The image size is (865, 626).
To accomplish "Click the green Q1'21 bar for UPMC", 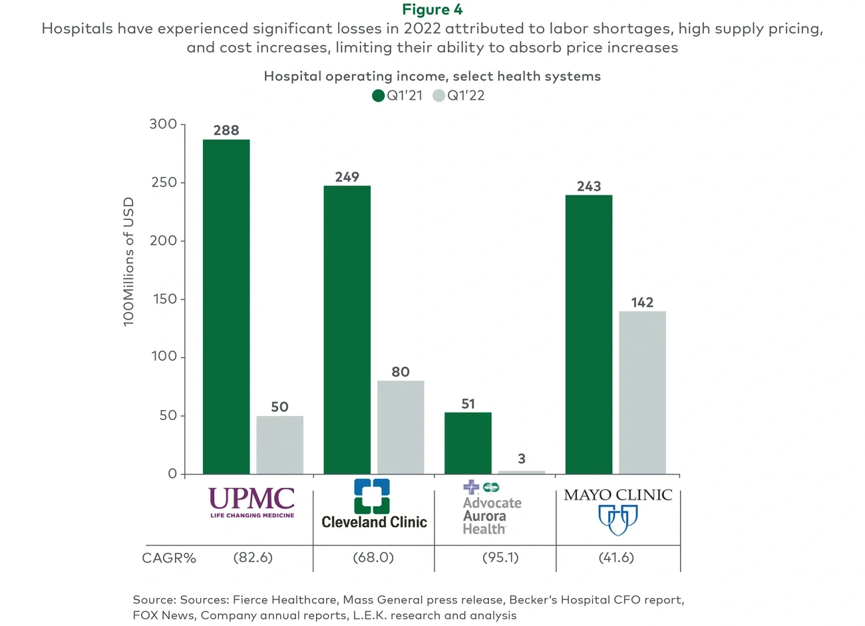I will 226,306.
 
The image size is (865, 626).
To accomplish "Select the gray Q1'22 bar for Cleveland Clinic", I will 401,427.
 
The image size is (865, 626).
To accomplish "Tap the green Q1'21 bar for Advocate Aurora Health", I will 468,443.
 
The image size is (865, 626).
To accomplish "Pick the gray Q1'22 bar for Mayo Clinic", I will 642,392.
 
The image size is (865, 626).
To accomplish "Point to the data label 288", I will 226,130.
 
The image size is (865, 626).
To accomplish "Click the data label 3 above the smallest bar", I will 522,459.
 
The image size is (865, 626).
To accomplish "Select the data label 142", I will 642,302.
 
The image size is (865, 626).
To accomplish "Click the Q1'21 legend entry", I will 397,96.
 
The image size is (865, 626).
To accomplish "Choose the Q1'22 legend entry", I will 458,96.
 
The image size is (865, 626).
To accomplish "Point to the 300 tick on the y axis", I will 164,124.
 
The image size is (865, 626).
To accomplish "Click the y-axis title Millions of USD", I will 128,261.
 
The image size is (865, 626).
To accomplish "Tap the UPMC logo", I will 252,502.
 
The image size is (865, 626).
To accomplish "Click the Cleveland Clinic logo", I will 373,505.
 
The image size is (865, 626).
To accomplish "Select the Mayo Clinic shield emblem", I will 617,520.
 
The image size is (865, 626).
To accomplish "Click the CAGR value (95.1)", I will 500,558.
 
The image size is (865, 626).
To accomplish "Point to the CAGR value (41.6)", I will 616,558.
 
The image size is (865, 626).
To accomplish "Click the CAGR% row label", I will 169,558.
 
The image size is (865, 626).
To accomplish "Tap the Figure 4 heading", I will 432,9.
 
